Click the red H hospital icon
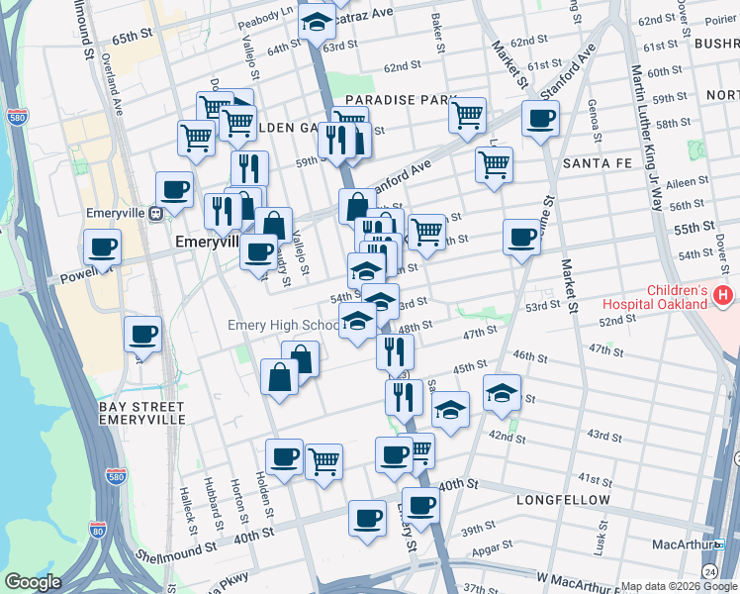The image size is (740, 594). [x=724, y=295]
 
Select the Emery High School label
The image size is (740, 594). [x=283, y=325]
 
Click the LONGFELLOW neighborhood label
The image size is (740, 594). [x=563, y=500]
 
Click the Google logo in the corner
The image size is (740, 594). [x=33, y=581]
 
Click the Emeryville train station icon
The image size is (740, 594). [x=155, y=214]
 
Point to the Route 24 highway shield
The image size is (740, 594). [x=710, y=571]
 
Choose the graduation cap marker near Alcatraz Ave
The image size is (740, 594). [x=317, y=25]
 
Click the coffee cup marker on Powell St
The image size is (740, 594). [x=102, y=247]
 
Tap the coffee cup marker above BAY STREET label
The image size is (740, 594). [x=142, y=335]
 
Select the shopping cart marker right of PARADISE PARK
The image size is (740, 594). [x=467, y=114]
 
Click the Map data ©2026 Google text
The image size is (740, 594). [x=678, y=585]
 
